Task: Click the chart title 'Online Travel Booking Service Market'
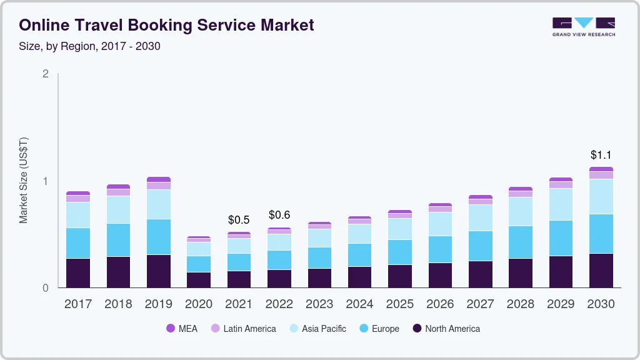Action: point(166,25)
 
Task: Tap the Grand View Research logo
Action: point(583,27)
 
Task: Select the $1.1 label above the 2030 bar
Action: point(601,154)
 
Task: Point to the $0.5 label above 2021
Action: point(239,220)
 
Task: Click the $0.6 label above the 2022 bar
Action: point(279,215)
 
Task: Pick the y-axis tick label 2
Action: point(45,74)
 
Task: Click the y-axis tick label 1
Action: point(45,181)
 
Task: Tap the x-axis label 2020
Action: point(199,304)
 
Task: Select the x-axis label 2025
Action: point(400,304)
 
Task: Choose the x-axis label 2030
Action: point(601,304)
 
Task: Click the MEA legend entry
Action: point(181,329)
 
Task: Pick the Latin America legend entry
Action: point(243,329)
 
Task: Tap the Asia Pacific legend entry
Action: point(317,329)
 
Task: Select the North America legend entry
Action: point(446,329)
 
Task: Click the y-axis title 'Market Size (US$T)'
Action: point(23,180)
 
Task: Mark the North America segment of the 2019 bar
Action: point(159,271)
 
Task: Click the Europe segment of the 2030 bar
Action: point(601,234)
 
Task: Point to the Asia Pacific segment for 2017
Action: point(78,215)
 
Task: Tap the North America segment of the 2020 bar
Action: point(199,280)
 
